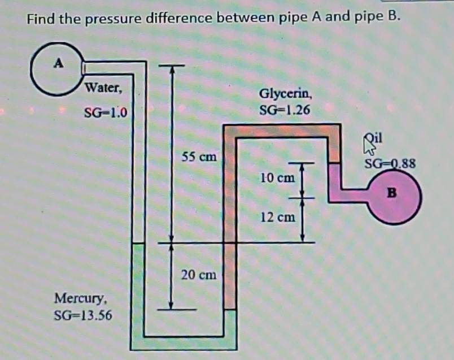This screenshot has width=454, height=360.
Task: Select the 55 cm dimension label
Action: pos(198,157)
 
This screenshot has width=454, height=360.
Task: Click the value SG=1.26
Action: pos(285,109)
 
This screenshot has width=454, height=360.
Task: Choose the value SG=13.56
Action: pos(82,314)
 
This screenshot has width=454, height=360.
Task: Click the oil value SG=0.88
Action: pos(390,164)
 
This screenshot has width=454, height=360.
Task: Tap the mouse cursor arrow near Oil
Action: pos(370,148)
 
